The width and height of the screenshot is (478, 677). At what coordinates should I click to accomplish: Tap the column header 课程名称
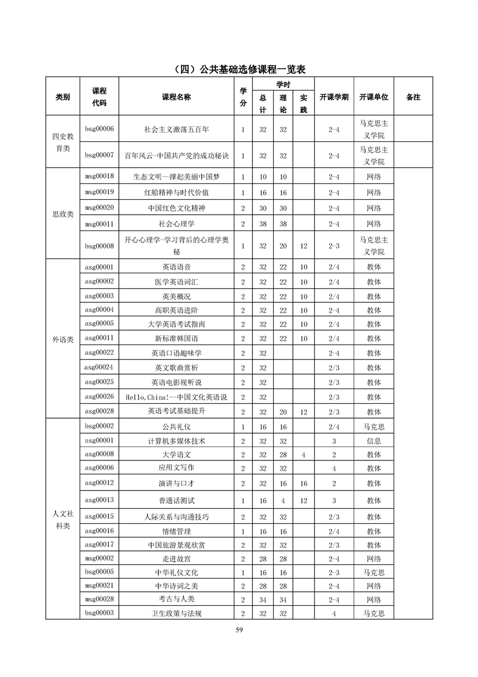point(177,97)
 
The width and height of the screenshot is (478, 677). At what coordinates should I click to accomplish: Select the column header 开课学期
point(333,97)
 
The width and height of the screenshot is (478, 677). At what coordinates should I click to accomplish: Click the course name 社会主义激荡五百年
point(177,129)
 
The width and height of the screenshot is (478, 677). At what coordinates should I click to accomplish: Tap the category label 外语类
point(63,339)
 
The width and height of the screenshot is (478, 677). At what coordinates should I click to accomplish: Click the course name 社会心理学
point(177,223)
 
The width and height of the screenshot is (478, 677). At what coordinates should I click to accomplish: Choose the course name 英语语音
point(177,267)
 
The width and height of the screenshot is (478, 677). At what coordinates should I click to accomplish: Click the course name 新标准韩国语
point(177,339)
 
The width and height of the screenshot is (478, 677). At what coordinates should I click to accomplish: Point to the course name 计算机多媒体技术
point(177,441)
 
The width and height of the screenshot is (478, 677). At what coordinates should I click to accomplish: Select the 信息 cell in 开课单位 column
point(374,441)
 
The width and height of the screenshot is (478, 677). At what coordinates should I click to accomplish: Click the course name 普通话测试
point(177,501)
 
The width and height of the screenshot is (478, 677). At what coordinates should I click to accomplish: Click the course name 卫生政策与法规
point(177,614)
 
